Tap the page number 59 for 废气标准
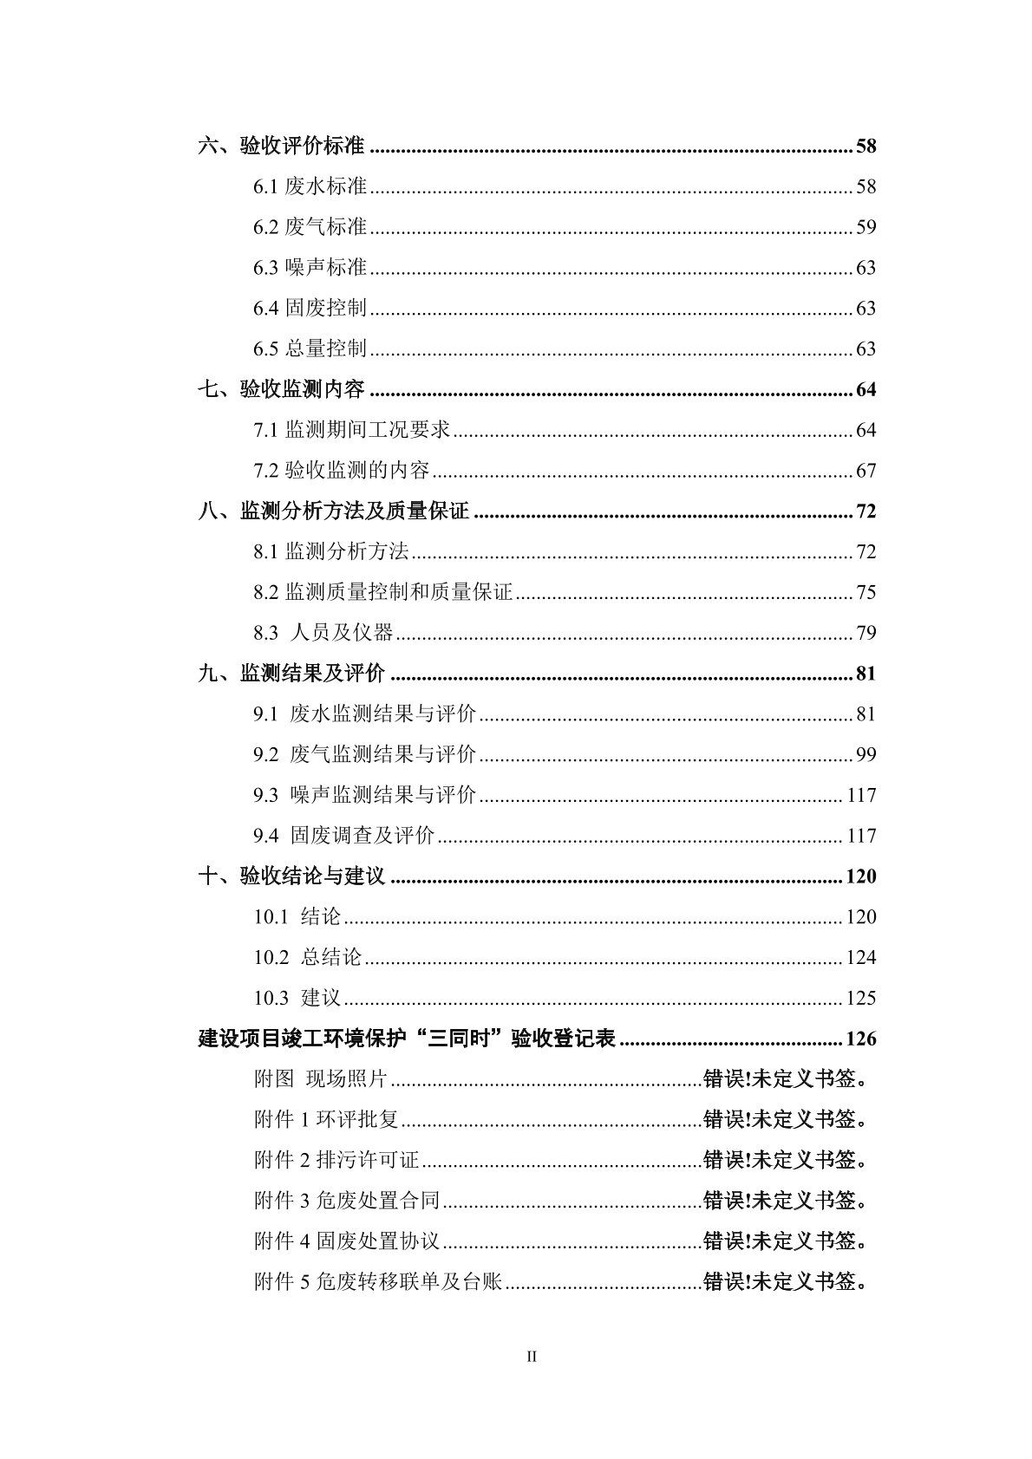point(865,227)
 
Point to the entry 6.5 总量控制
point(310,348)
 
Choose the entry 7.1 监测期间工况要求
point(351,430)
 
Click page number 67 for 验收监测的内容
point(865,471)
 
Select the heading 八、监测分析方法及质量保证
point(333,511)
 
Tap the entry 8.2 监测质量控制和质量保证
point(382,592)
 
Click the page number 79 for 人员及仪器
point(865,633)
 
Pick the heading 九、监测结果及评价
point(291,674)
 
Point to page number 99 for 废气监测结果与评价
point(865,754)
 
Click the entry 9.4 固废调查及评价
point(343,836)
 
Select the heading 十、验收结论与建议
point(291,876)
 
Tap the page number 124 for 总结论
point(860,958)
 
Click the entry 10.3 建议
point(297,998)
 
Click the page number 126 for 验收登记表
point(860,1039)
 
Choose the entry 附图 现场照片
point(320,1079)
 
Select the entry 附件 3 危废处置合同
point(347,1201)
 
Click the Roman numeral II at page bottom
point(532,1357)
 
